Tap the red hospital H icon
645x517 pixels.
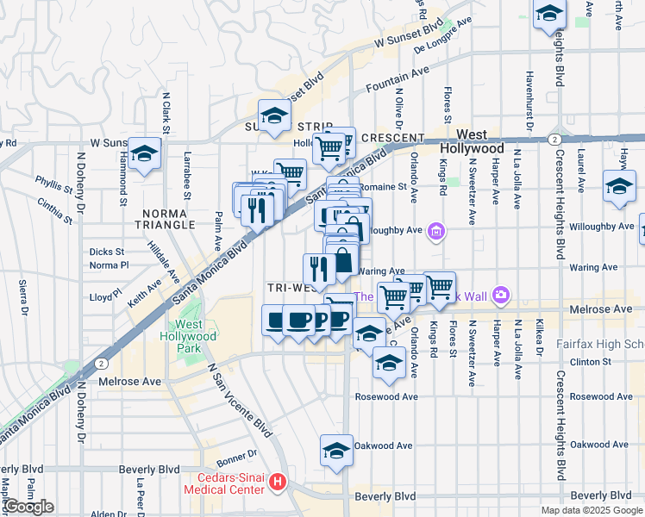click(278, 481)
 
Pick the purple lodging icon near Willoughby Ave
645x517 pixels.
click(436, 230)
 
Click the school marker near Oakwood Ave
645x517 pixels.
click(336, 451)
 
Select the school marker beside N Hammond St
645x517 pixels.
click(146, 154)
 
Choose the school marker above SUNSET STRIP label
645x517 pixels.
click(274, 115)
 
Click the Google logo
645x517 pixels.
click(28, 507)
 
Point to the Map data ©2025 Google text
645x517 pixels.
click(592, 510)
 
